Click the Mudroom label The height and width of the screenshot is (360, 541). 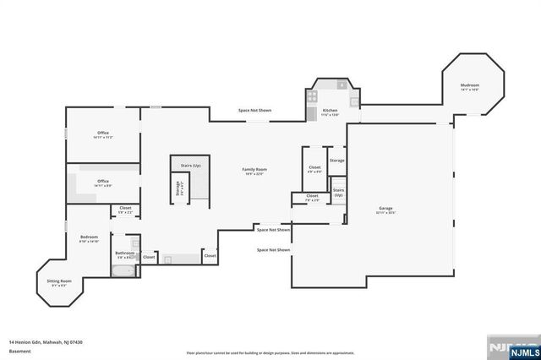(470, 85)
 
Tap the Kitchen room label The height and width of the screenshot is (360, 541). (330, 111)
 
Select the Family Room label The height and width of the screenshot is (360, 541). (254, 170)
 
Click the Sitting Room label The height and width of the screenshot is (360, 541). (58, 281)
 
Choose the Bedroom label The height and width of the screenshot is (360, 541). (90, 237)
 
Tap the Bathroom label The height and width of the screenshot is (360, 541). (124, 253)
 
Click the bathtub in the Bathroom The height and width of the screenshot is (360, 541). (123, 270)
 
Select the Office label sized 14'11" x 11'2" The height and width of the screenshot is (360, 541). (103, 133)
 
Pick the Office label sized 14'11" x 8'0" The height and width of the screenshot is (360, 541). (103, 181)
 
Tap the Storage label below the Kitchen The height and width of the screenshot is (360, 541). (336, 160)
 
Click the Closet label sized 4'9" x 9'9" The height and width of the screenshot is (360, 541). (314, 167)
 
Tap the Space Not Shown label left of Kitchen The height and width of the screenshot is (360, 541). (254, 111)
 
